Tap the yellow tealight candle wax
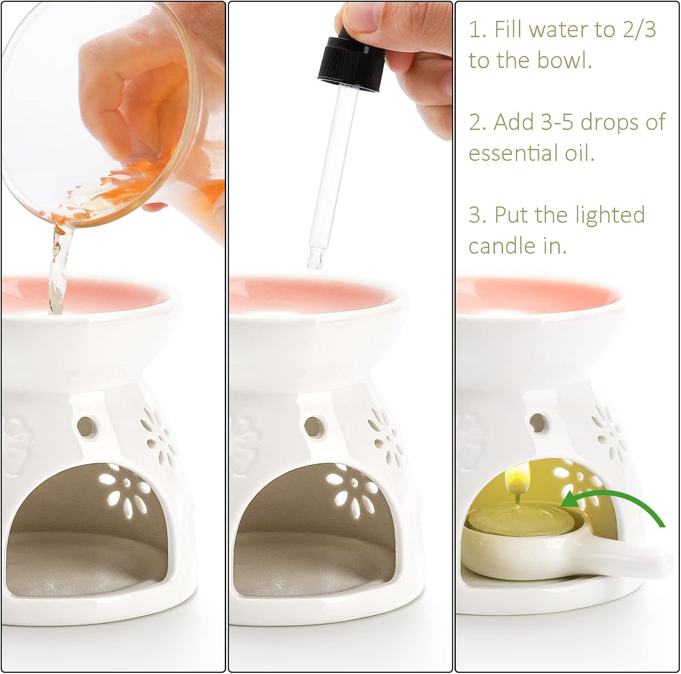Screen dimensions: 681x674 point(518,515)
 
